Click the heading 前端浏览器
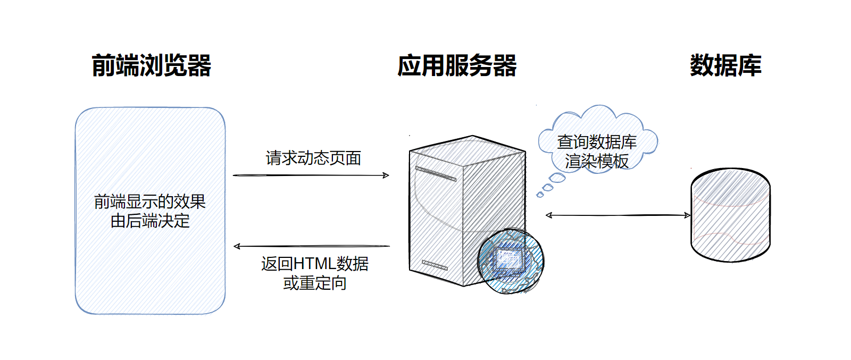pos(152,66)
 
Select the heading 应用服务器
pos(457,66)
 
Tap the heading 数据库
pos(725,66)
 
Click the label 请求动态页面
pos(313,158)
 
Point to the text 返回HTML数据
pos(315,264)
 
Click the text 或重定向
pos(315,283)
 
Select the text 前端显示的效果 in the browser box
pos(150,202)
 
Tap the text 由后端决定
pos(150,221)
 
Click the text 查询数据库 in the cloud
pos(597,141)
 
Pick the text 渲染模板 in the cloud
pos(597,161)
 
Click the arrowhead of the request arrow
pos(387,175)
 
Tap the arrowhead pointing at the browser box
pos(237,246)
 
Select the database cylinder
pos(730,215)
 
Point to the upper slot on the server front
pos(436,174)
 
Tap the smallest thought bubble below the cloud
pos(540,195)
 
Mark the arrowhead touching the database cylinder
pos(688,215)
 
